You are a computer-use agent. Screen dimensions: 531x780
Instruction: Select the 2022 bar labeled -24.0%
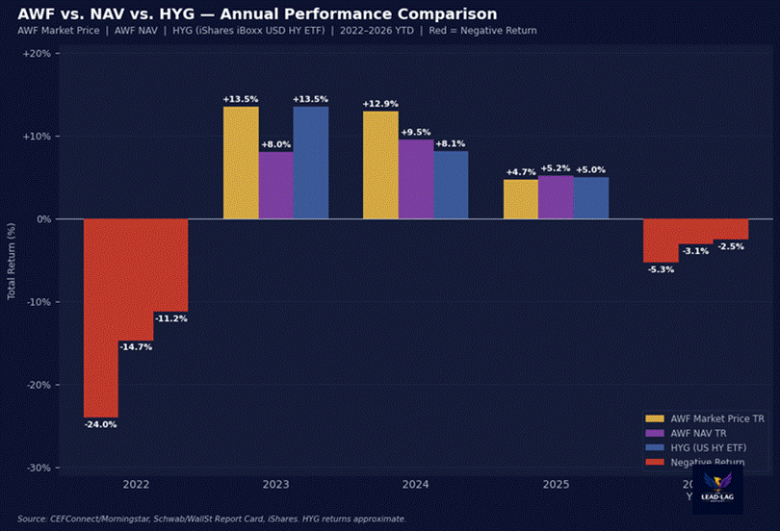pos(101,317)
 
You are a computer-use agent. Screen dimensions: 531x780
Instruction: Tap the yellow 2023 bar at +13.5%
pos(241,163)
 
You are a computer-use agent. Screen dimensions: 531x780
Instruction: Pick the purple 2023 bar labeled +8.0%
pos(275,185)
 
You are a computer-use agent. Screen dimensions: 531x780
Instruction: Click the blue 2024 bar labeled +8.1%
pos(451,185)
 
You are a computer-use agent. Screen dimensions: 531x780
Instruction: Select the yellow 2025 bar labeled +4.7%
pos(521,199)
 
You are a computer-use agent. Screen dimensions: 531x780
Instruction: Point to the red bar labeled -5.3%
pos(661,240)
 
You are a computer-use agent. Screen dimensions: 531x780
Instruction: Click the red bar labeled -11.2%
pos(170,265)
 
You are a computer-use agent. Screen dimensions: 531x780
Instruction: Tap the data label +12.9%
pos(380,103)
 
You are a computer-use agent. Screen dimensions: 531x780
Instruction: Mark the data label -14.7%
pos(136,346)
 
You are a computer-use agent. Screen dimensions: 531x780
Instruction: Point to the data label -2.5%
pos(731,246)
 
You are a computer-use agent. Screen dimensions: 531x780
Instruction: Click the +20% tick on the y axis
pos(36,54)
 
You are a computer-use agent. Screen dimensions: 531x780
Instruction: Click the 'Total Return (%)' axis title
pos(13,260)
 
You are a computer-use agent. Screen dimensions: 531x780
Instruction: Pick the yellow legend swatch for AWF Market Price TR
pos(655,418)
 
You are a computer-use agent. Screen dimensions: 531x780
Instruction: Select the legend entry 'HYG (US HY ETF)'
pos(713,447)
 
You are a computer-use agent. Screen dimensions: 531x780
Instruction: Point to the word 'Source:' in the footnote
pos(34,518)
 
